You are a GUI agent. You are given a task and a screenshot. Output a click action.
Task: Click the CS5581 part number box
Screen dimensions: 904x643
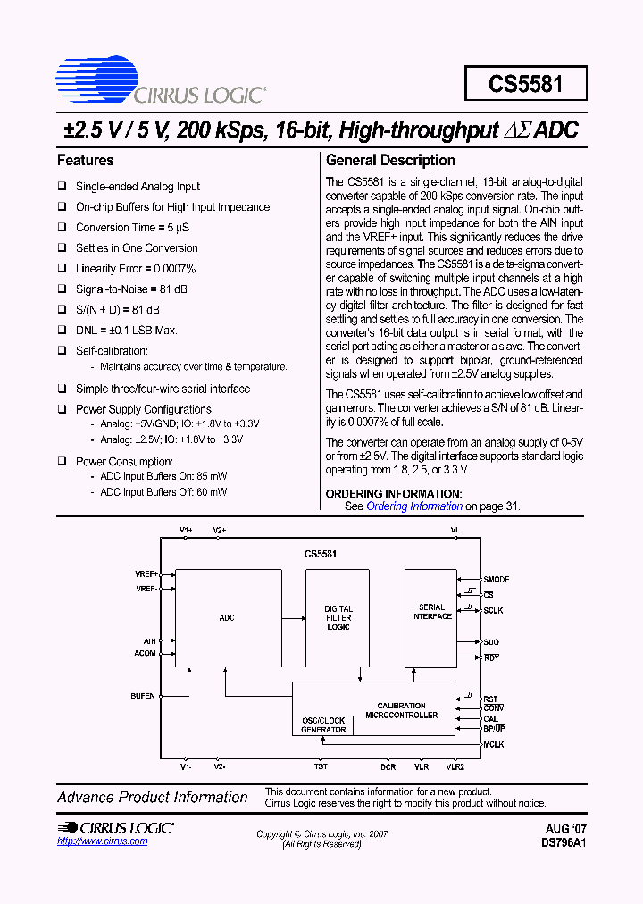(525, 84)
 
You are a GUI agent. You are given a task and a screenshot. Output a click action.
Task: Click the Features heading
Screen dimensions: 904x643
(86, 161)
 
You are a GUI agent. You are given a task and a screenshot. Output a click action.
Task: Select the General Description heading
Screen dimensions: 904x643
(390, 161)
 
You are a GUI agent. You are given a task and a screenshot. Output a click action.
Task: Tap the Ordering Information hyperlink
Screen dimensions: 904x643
(414, 506)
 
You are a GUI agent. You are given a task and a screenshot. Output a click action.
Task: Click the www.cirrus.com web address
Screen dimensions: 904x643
(103, 841)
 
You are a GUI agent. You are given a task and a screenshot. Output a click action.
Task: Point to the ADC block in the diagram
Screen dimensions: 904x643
(226, 617)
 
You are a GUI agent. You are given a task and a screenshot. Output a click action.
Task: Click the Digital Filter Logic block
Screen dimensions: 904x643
(338, 617)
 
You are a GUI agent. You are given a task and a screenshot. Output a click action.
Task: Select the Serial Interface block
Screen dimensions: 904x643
(431, 613)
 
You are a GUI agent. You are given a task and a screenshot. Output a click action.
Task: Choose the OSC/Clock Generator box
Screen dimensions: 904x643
(322, 725)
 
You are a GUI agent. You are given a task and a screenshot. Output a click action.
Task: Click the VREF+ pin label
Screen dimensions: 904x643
(146, 573)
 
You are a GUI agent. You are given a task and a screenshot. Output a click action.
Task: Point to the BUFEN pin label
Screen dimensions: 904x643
(143, 695)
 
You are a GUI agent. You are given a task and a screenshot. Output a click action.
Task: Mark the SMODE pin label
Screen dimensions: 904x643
(497, 580)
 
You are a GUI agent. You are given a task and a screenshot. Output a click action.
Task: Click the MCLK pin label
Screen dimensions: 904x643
(494, 744)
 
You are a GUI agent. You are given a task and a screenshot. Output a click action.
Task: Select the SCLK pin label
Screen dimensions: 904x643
(493, 610)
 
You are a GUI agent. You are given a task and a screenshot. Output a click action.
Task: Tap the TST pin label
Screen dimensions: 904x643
(321, 766)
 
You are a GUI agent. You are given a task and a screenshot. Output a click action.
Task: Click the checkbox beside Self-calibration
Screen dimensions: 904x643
(63, 351)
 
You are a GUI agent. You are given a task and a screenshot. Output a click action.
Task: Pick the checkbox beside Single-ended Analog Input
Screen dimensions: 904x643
(63, 187)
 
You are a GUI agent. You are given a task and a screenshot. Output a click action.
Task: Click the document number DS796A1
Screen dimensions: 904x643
(564, 842)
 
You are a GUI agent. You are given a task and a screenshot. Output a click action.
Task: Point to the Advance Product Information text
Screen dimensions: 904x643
(153, 798)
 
